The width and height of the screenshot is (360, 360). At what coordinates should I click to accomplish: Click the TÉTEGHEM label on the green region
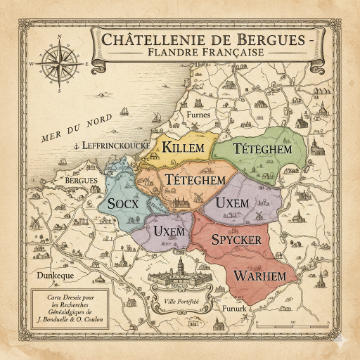262,149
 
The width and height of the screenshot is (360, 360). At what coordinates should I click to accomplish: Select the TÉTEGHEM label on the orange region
196,181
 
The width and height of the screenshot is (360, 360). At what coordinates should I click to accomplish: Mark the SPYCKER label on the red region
236,240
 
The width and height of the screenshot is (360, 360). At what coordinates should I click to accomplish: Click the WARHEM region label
260,275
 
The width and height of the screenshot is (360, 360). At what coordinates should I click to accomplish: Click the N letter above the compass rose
58,37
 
